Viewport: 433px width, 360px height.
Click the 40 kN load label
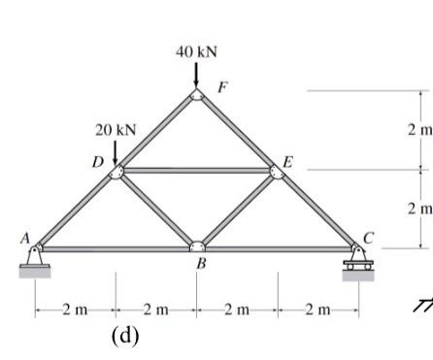(196, 50)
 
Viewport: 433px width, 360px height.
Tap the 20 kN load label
(116, 129)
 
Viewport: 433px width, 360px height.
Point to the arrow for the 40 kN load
(196, 75)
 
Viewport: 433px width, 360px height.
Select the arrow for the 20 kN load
(116, 151)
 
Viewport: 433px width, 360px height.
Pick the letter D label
(97, 160)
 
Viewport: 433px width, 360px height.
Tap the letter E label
(286, 159)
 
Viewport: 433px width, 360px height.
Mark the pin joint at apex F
(196, 94)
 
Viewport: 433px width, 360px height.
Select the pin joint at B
(196, 246)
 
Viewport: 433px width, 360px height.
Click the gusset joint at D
(116, 172)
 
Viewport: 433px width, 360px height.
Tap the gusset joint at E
(278, 172)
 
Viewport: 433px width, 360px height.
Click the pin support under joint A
(34, 259)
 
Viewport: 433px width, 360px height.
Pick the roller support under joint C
(358, 260)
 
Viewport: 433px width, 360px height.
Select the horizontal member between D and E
(196, 172)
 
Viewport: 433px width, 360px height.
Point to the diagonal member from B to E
(238, 210)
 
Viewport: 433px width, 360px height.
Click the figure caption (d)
(126, 337)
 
